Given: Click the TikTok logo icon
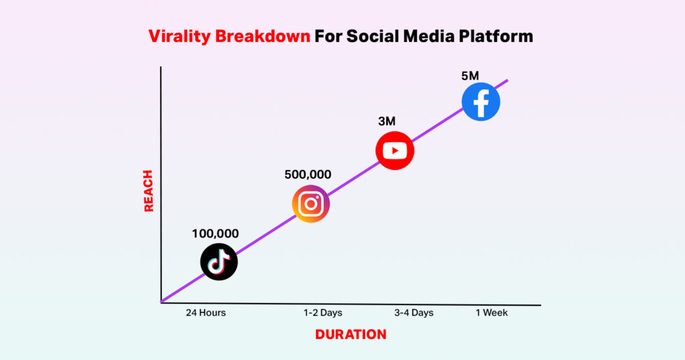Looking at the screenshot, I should (219, 262).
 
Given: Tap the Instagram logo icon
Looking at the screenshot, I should (311, 204).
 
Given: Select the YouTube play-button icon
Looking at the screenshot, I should (395, 151).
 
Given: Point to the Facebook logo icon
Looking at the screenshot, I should (481, 102).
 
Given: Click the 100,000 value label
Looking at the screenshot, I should (215, 234).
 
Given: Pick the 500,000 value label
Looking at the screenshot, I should (308, 175).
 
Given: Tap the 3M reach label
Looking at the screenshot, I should (387, 121).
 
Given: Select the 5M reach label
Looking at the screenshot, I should (470, 76).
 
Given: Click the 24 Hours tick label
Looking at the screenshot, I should (206, 312).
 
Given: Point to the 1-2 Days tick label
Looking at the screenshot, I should (323, 312).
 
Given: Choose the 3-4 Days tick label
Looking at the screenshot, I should (413, 312).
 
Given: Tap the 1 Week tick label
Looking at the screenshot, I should (492, 312).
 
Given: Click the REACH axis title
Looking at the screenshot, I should (149, 191).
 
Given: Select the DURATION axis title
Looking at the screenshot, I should (351, 335).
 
